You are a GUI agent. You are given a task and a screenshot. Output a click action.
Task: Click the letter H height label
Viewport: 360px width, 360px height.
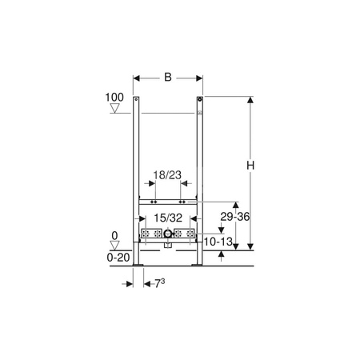coord(250,164)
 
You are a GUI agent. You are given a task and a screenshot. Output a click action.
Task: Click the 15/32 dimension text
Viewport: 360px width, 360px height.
coord(167,217)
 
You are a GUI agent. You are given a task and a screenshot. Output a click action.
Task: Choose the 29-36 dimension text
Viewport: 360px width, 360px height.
coord(235,217)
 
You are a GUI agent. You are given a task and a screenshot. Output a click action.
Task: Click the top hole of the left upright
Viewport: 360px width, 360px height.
coord(137,102)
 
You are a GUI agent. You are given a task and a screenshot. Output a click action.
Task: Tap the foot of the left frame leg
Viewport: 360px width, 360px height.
coord(138,261)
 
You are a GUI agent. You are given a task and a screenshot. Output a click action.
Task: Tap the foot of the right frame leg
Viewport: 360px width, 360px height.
coord(198,261)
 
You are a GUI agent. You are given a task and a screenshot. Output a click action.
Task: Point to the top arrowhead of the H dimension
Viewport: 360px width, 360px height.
coord(250,101)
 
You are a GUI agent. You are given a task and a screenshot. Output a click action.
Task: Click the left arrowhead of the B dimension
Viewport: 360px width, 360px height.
coord(137,78)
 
